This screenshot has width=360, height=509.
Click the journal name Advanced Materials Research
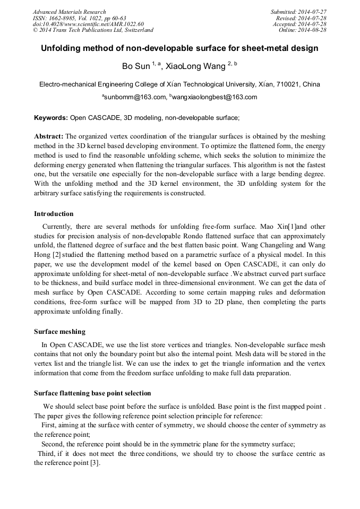point(69,12)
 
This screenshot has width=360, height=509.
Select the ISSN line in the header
point(79,18)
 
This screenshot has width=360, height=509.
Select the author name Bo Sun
point(136,67)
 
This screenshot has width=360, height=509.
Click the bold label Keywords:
point(50,117)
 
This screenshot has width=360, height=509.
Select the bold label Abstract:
point(49,136)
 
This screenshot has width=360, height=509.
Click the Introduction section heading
point(54,214)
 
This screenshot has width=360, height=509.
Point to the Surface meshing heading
point(59,332)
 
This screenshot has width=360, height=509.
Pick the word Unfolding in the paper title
point(63,48)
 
